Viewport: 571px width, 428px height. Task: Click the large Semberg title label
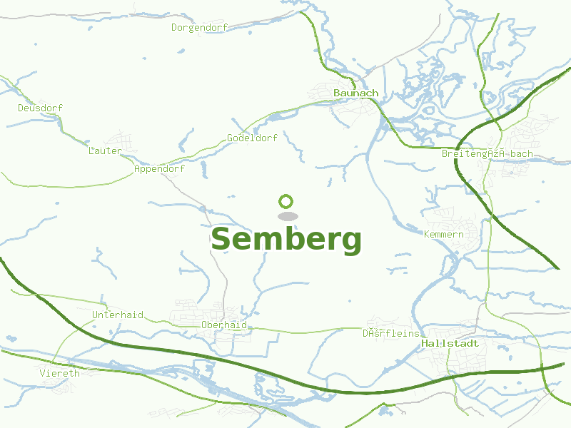click(x=286, y=240)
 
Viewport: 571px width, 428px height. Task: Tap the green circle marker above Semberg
click(x=286, y=201)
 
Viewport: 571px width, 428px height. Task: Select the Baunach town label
click(x=355, y=93)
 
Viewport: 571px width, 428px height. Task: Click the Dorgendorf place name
click(x=199, y=28)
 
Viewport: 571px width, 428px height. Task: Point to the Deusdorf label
click(x=40, y=108)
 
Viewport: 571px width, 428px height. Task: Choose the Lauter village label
click(x=104, y=151)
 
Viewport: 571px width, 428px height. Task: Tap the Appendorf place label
click(x=159, y=169)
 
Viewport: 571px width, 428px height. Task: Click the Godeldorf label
click(x=252, y=138)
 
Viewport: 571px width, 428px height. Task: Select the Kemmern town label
click(x=443, y=234)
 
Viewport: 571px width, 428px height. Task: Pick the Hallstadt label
click(x=450, y=343)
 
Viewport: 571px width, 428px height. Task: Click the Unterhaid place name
click(x=118, y=315)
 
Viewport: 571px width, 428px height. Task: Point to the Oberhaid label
click(x=223, y=325)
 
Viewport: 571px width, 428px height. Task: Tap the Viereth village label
click(x=60, y=372)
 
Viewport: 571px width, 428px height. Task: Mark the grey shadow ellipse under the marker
click(x=287, y=216)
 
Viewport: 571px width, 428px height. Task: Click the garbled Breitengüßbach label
click(x=487, y=154)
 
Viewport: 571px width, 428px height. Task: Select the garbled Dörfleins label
click(x=390, y=333)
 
